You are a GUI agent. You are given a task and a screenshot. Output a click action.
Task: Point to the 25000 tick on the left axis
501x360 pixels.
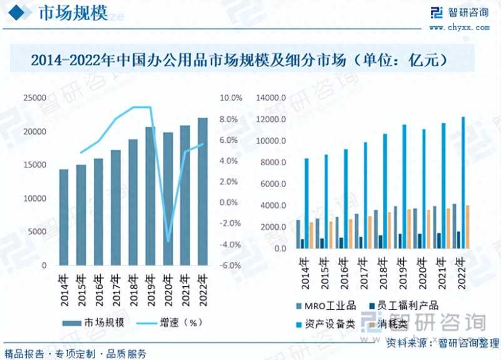coord(35,98)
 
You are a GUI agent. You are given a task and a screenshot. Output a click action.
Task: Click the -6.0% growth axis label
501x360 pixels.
coord(230,265)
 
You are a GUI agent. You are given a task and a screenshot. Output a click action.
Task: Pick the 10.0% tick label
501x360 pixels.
coord(231,98)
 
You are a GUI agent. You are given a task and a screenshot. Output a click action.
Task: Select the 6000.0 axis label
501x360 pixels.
coord(274,184)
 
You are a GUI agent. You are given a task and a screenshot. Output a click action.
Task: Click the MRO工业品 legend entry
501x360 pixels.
coord(326,306)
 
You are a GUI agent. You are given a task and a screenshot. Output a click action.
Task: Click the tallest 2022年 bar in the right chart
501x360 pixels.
coord(463,182)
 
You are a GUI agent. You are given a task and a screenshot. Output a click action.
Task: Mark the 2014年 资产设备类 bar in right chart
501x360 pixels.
coord(306,203)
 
